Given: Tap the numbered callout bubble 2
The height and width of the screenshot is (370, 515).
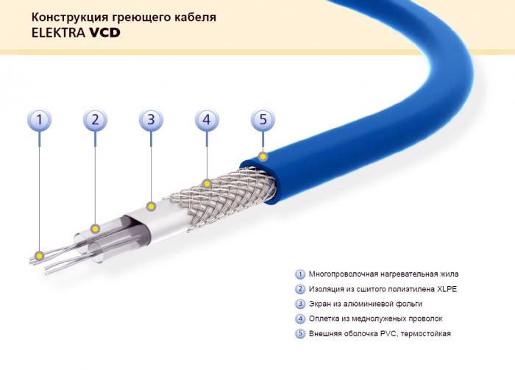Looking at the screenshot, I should (95, 119).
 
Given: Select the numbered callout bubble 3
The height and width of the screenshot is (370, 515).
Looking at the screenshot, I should (151, 119).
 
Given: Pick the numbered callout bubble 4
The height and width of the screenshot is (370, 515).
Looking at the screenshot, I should (207, 119).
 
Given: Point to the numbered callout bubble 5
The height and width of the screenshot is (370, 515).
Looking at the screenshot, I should (263, 119).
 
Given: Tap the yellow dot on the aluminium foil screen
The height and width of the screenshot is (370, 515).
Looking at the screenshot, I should (151, 205).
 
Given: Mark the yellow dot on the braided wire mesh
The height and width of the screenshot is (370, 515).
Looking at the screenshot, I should (207, 181).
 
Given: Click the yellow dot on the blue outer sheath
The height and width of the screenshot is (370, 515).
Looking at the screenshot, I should (263, 156).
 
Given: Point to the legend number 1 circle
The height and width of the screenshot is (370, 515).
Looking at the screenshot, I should (300, 274).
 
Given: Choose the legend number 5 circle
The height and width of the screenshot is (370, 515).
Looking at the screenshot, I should (300, 333).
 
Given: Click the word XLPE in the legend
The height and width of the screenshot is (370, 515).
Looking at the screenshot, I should (444, 289).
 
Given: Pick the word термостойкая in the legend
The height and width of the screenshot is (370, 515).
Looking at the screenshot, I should (427, 333).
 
